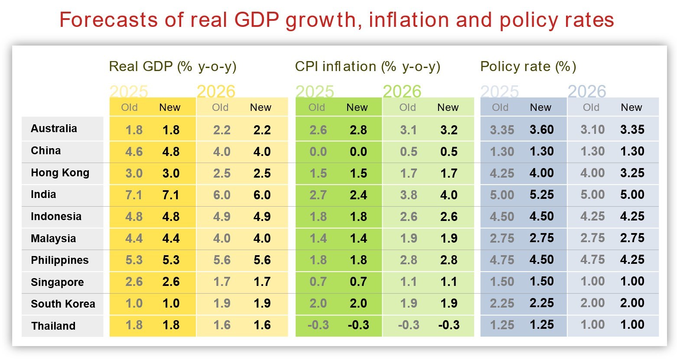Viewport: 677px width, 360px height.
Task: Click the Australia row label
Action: (54, 129)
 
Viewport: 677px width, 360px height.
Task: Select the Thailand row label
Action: (53, 326)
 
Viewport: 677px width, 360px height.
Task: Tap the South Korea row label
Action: (63, 304)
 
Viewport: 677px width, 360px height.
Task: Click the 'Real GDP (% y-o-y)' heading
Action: (173, 67)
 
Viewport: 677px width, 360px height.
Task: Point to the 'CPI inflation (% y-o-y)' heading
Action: (368, 67)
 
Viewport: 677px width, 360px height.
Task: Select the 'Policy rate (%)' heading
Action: (528, 67)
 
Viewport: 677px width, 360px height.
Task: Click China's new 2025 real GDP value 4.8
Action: (171, 152)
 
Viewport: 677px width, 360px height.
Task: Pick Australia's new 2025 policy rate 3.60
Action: (541, 130)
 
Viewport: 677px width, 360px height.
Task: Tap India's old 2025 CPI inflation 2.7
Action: (318, 195)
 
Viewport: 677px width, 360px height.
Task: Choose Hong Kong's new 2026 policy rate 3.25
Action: (632, 173)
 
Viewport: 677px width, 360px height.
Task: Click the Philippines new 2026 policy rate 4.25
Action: (632, 259)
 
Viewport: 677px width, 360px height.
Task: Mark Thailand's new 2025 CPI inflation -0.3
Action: (358, 325)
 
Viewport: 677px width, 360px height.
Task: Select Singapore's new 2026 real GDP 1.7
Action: (262, 282)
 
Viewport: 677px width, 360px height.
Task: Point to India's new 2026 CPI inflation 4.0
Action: (449, 195)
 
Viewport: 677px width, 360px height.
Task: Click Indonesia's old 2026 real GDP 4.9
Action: (221, 217)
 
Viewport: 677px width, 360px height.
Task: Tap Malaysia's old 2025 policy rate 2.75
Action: (502, 238)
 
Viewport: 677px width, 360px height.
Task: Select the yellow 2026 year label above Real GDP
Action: (216, 91)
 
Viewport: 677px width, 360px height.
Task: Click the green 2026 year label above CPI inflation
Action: (402, 91)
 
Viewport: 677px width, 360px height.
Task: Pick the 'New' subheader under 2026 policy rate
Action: (631, 107)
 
